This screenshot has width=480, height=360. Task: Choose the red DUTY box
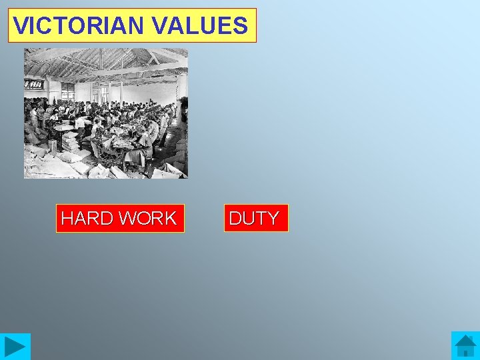(255, 218)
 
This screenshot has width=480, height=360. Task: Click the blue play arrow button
(15, 347)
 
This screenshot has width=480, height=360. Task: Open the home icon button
(465, 346)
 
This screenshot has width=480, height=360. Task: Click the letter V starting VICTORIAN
(20, 26)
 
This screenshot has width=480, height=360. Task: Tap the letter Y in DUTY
(273, 219)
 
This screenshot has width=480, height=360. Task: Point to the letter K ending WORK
(170, 219)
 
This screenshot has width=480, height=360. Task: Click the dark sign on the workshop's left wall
(33, 85)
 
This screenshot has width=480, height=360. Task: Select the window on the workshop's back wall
(67, 91)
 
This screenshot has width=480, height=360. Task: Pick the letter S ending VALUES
(240, 26)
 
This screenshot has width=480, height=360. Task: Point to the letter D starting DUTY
(235, 219)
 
